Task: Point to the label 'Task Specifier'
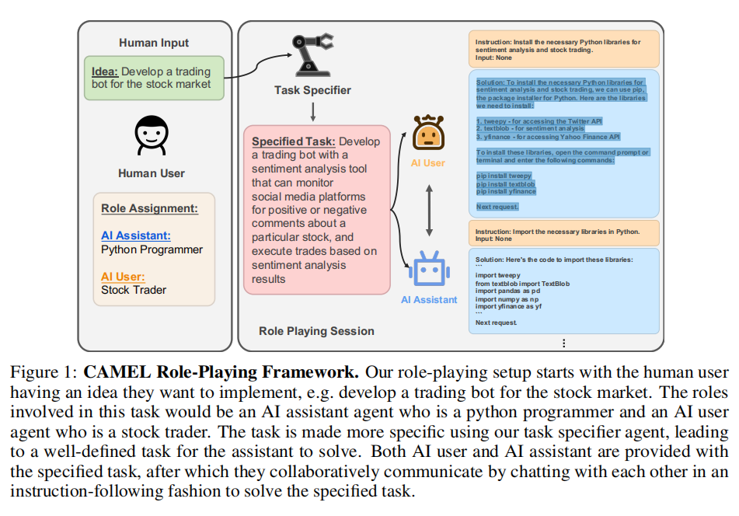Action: (312, 90)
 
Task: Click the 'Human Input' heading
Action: (154, 43)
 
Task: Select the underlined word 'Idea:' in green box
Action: (105, 71)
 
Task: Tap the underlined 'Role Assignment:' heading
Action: (149, 208)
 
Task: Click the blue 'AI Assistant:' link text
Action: (135, 235)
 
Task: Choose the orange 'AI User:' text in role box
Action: (123, 276)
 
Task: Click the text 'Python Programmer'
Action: (152, 249)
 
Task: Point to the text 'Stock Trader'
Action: (134, 290)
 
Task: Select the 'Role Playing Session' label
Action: (316, 331)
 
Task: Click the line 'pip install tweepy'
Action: (504, 176)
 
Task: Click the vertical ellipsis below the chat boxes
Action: (563, 343)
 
